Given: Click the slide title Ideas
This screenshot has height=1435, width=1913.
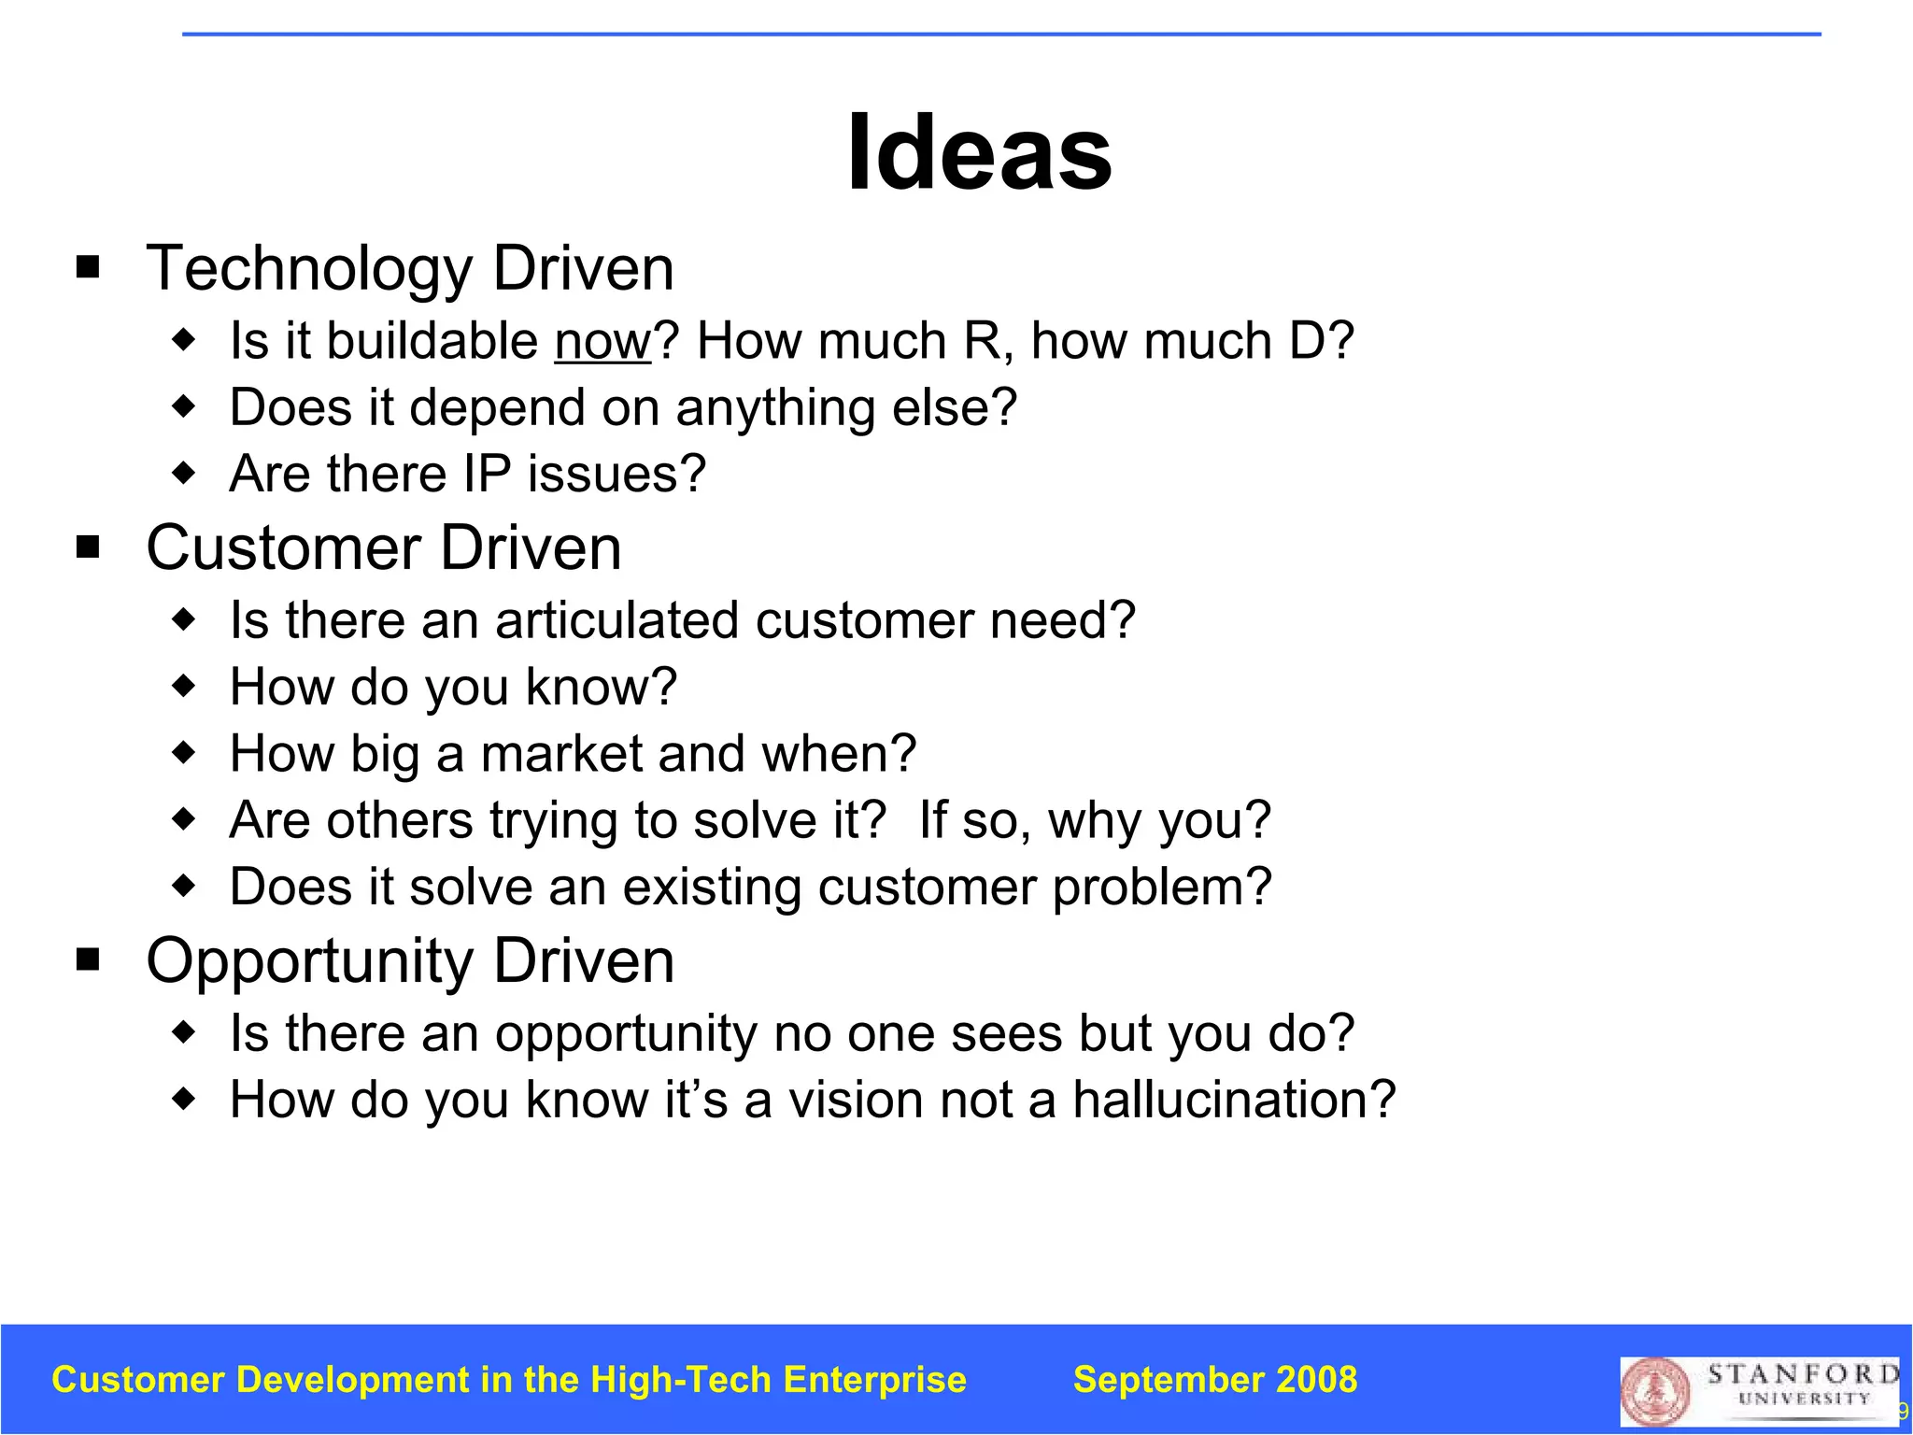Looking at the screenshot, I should [x=979, y=153].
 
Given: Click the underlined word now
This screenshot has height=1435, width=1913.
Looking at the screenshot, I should [x=602, y=342].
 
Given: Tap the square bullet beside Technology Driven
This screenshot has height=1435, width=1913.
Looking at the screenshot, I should [x=88, y=269].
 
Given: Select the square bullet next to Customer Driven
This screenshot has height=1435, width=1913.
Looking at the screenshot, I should [x=88, y=547].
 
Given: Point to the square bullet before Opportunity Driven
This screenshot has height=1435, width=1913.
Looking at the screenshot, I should [x=88, y=959].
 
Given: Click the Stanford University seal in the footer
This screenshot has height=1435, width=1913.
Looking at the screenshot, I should [x=1656, y=1391].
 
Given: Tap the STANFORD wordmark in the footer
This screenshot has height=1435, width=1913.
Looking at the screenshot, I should [x=1803, y=1374].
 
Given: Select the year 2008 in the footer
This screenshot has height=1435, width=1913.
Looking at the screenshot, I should [x=1314, y=1380].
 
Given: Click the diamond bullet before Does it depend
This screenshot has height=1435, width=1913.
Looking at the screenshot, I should [x=185, y=406].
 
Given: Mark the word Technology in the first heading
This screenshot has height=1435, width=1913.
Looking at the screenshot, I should [x=310, y=269].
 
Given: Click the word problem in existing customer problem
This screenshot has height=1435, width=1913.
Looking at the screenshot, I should [x=1162, y=888].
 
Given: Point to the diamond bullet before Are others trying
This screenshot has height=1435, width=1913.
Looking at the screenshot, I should [x=185, y=819].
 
